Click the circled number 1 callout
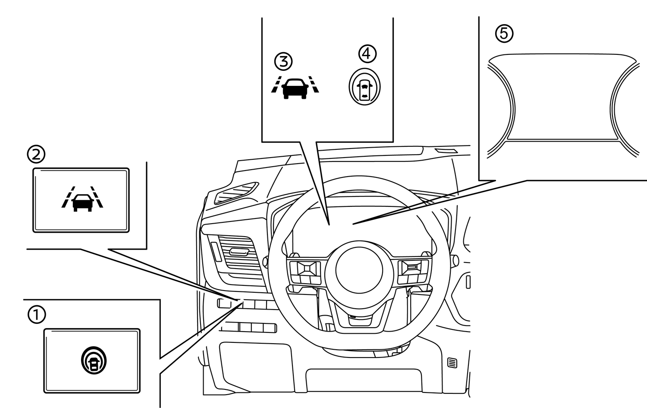coord(37,314)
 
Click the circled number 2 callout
coord(36,154)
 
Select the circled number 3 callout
coord(283,61)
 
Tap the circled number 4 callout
coord(367,54)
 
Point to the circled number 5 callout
coord(504,33)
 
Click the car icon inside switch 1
coord(93,361)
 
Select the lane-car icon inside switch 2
coord(82,199)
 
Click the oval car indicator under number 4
coord(365,87)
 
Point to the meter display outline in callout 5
coord(563,97)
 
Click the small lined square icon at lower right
coord(452,363)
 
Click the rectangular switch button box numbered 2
coord(81,200)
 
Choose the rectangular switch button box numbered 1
coord(92,361)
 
